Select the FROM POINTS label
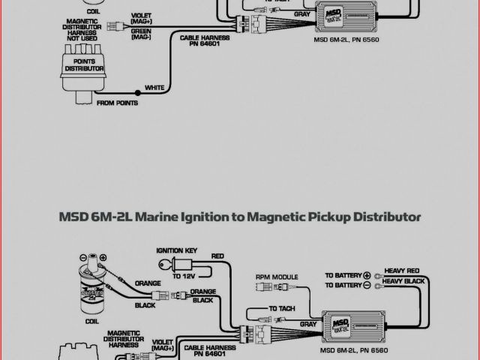118,103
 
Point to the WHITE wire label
154,88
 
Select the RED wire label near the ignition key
218,256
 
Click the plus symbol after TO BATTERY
367,275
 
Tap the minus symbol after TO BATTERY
367,286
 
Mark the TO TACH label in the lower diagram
282,308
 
